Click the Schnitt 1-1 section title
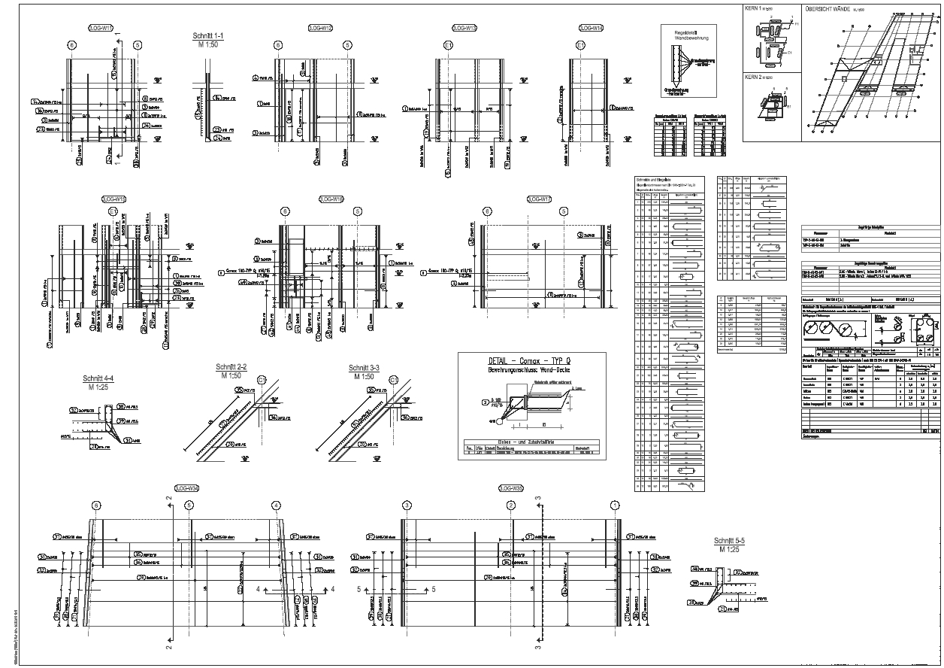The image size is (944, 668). (208, 35)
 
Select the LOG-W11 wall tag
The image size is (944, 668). (101, 28)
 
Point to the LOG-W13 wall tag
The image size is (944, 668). (464, 28)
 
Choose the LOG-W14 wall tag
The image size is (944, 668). (592, 28)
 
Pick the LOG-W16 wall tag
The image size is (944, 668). (331, 199)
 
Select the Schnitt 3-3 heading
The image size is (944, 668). (364, 368)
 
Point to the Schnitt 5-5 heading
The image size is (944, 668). (729, 541)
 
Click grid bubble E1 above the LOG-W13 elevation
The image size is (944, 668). (449, 45)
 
